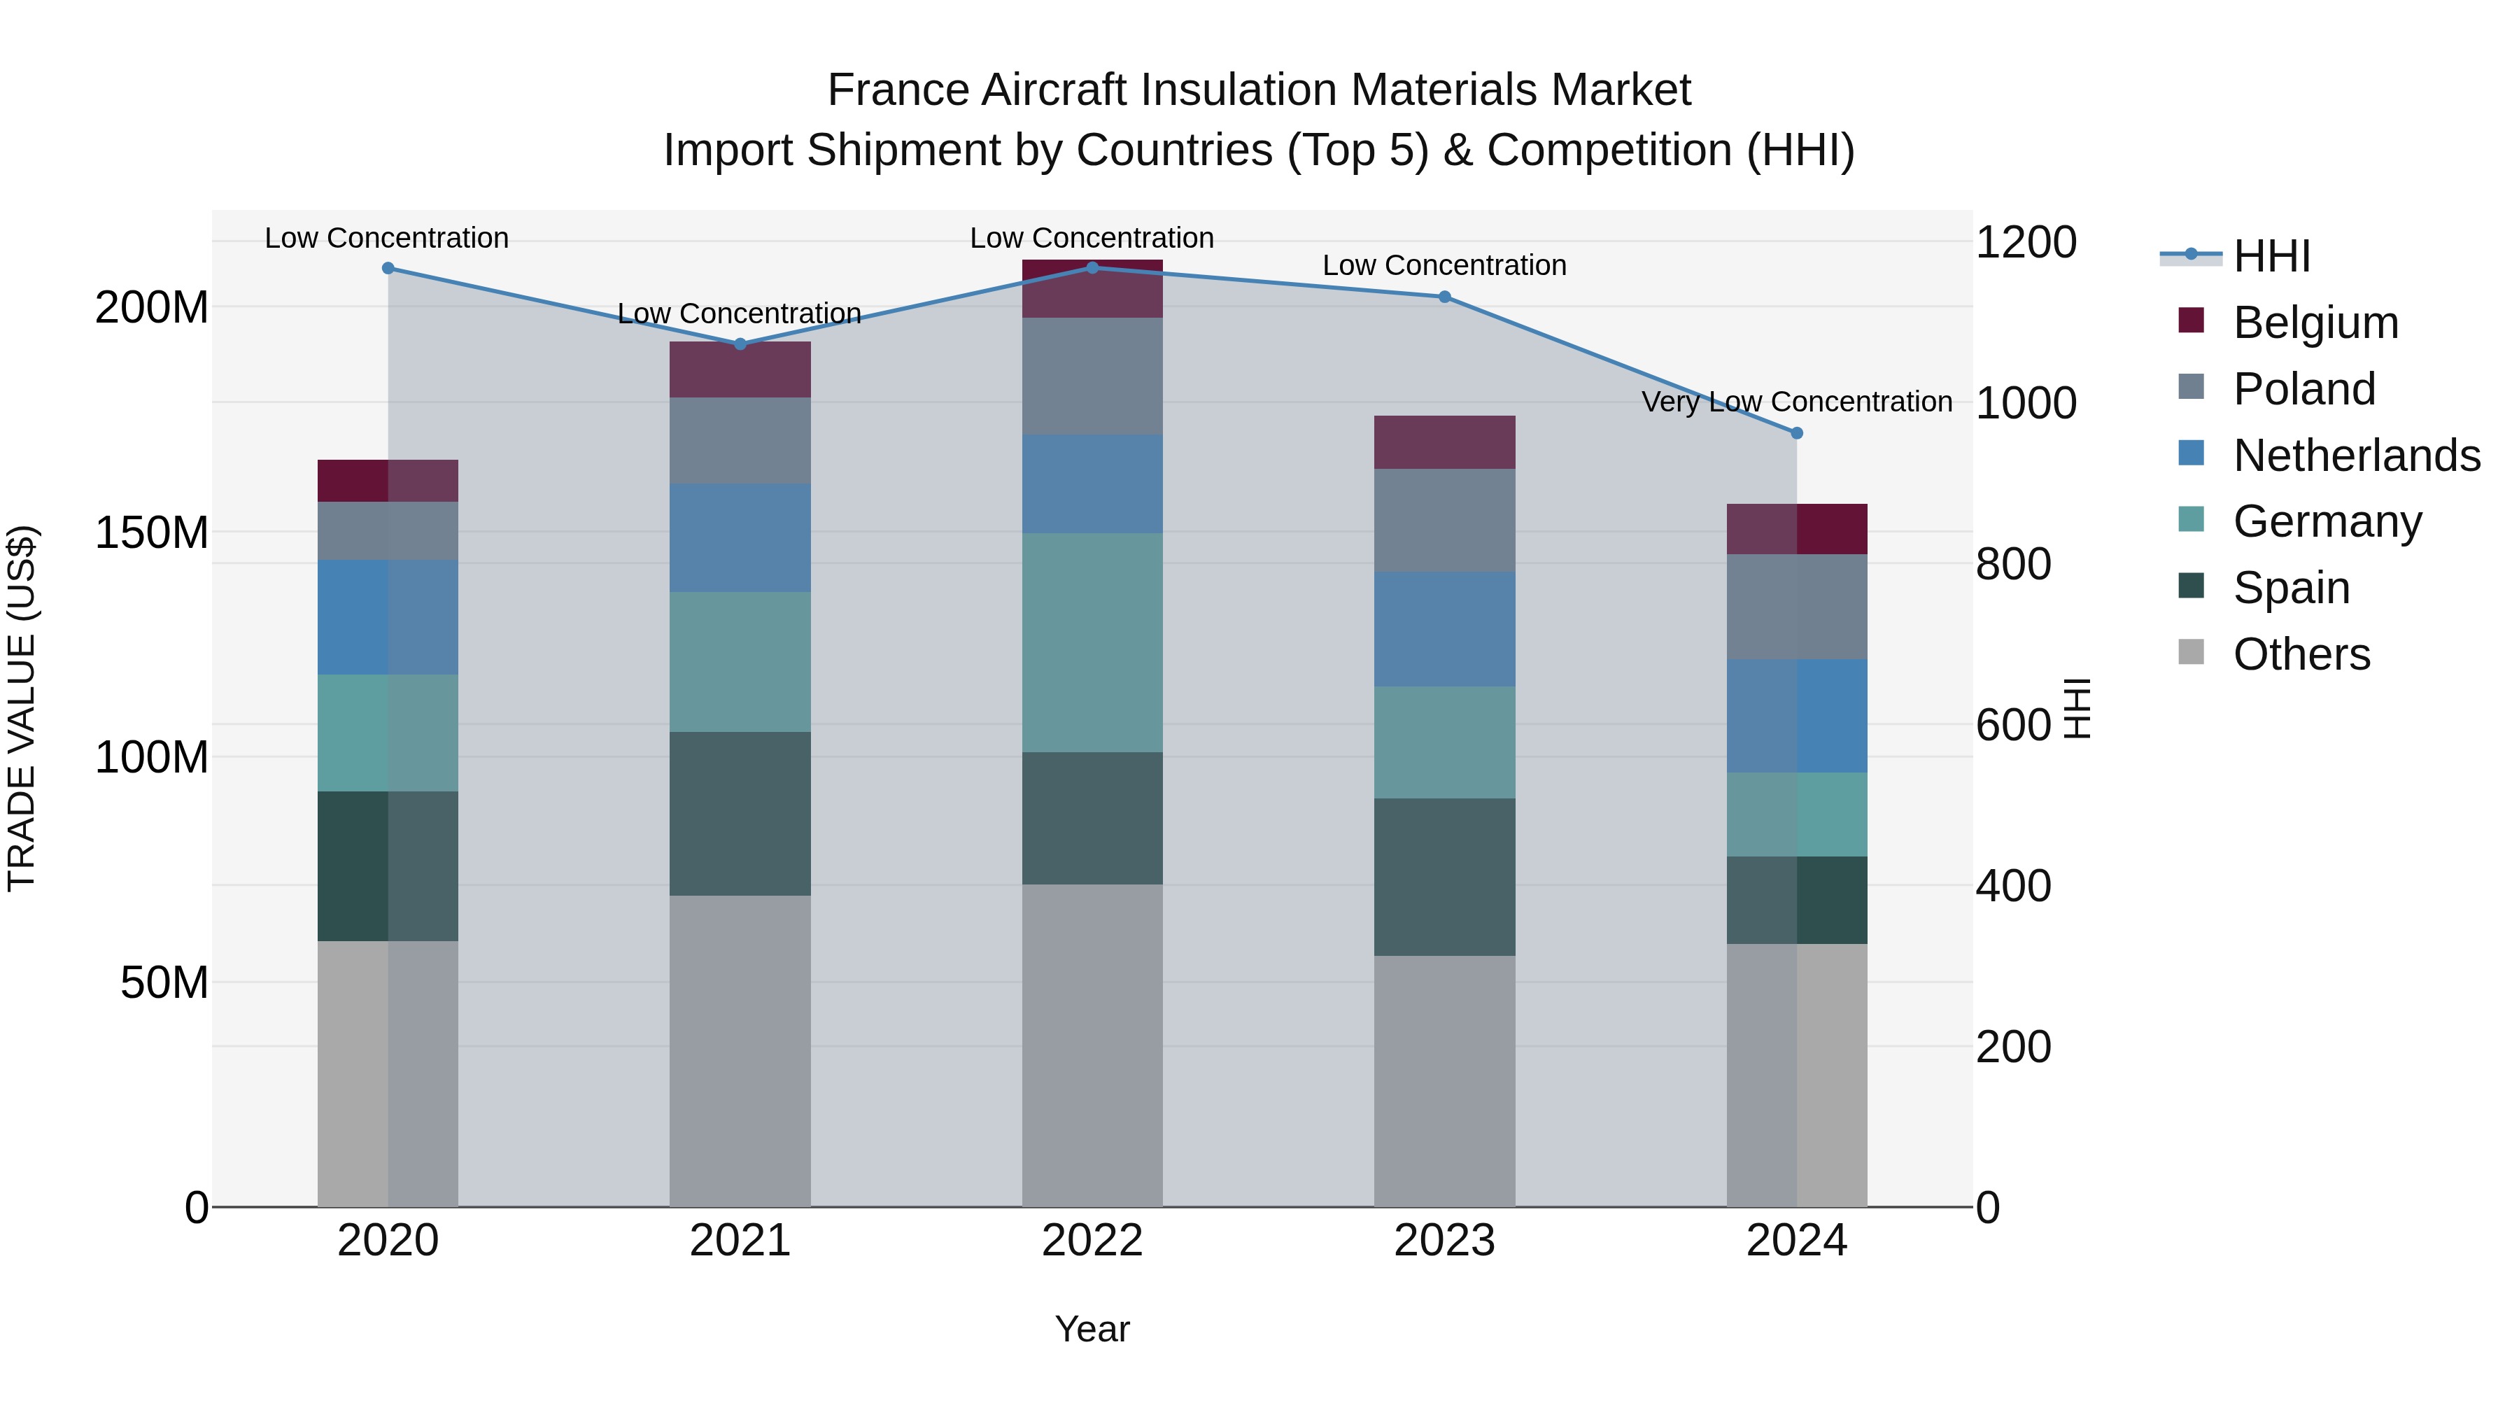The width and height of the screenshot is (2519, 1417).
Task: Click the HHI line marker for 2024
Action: [x=1796, y=433]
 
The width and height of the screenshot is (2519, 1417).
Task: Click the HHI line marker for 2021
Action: [x=740, y=344]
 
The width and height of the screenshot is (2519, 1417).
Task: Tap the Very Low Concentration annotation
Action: [x=1796, y=402]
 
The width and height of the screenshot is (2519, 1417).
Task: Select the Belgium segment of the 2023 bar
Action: [x=1444, y=442]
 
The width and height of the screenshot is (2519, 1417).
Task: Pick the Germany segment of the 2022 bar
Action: [x=1092, y=642]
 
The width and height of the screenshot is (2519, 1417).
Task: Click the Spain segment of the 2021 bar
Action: [x=740, y=814]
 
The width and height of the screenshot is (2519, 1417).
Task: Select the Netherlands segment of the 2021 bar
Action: [x=740, y=538]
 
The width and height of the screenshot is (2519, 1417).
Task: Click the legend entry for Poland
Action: [x=2304, y=389]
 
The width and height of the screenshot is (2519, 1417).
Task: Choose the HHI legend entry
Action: [x=2271, y=256]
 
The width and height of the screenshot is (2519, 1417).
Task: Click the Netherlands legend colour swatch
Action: [x=2192, y=453]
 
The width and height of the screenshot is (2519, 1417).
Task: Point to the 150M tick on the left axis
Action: [x=152, y=533]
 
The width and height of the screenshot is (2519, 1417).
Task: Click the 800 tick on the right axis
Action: [x=2012, y=564]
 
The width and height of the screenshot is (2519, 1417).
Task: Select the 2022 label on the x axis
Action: [x=1092, y=1241]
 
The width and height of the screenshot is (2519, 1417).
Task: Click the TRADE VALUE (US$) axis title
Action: [x=22, y=708]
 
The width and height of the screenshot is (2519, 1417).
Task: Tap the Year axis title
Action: [x=1092, y=1329]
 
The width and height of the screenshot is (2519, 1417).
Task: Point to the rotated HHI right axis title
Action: [x=2077, y=708]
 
